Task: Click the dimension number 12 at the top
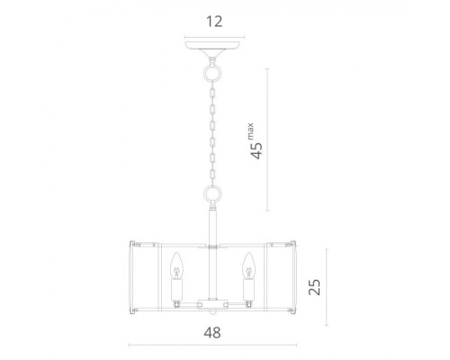click(214, 22)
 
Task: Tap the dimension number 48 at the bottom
click(212, 333)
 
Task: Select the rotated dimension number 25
click(314, 287)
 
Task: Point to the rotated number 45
click(256, 150)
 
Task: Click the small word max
click(250, 131)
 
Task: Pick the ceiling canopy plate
click(212, 46)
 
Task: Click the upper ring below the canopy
click(212, 73)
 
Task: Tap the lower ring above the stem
click(212, 193)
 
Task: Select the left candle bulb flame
click(176, 265)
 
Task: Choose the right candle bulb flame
click(248, 265)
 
